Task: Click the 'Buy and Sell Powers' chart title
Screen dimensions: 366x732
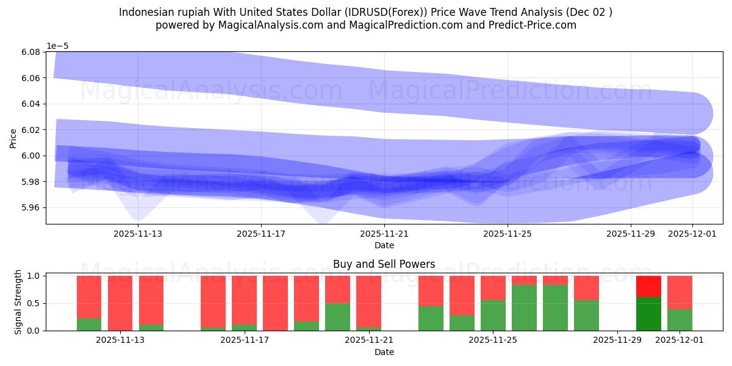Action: [x=384, y=264]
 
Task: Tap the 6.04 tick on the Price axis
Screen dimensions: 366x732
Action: [x=30, y=104]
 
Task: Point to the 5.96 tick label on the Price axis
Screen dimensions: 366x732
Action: [x=30, y=207]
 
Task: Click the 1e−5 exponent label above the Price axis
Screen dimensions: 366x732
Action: [x=59, y=46]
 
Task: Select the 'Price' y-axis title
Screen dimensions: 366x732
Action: [x=13, y=138]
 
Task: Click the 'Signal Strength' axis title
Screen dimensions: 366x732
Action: [x=18, y=303]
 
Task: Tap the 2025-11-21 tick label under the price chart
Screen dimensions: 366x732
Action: [x=384, y=233]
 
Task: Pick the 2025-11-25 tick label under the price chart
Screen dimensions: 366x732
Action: [x=508, y=233]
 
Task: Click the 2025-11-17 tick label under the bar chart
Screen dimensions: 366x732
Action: [x=244, y=340]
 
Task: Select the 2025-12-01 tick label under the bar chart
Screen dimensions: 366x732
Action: [x=680, y=340]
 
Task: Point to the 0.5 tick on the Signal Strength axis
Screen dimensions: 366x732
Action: [x=35, y=303]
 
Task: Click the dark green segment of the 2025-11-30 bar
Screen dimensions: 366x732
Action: [x=648, y=314]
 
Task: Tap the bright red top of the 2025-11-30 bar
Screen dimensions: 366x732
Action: [x=648, y=286]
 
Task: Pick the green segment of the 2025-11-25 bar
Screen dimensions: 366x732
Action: [x=493, y=315]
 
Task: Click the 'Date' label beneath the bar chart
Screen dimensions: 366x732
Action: [x=384, y=352]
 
